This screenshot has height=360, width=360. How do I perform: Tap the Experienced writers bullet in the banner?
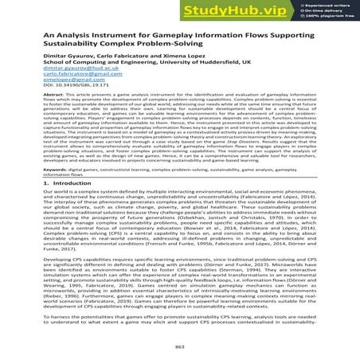pos(327,5)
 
